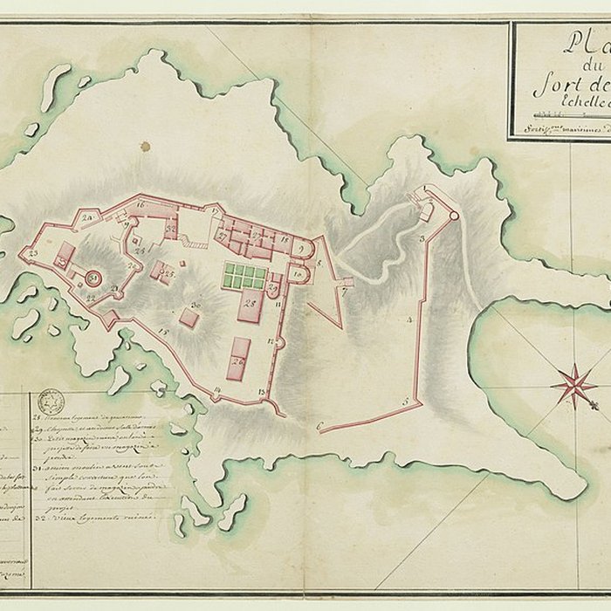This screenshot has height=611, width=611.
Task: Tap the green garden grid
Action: coord(244,277)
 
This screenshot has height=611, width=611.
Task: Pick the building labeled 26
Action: coord(238,359)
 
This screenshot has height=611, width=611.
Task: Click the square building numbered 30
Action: coord(189,317)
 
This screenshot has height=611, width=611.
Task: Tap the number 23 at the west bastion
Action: coord(31,253)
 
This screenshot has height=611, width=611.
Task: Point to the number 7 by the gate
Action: coord(344,292)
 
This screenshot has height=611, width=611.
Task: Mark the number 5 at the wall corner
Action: coord(405,401)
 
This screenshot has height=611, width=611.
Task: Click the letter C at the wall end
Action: coord(320,426)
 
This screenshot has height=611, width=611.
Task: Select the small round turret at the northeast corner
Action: coord(453,216)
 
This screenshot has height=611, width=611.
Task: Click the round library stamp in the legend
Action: coord(51,402)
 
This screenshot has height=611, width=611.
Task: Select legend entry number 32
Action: coord(96,518)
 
